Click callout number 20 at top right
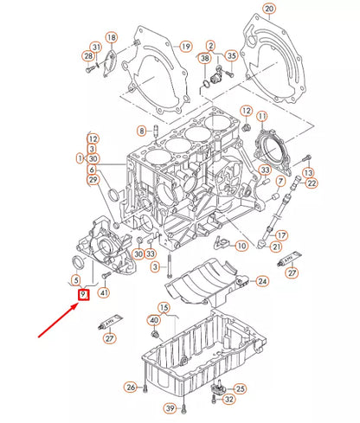[x=269, y=10]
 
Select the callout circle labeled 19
[x=184, y=46]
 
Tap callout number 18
[x=111, y=38]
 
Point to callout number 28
[x=88, y=56]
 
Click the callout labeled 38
[x=205, y=58]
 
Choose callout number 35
[x=230, y=57]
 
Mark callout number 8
[x=141, y=131]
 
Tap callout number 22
[x=312, y=183]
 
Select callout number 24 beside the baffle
[x=262, y=282]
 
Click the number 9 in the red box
[x=83, y=295]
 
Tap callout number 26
[x=131, y=387]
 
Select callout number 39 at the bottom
[x=170, y=407]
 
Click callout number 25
[x=241, y=388]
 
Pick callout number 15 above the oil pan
[x=164, y=307]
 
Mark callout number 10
[x=241, y=247]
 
